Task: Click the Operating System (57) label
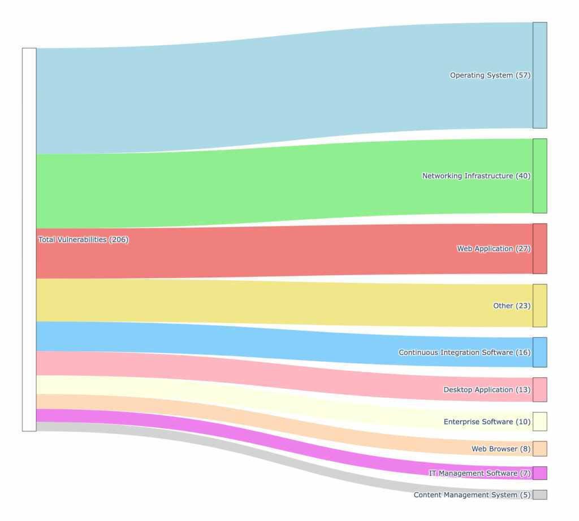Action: [x=490, y=75]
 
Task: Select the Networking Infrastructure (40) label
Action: [x=476, y=176]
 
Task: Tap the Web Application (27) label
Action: [x=494, y=249]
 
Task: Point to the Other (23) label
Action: [x=512, y=306]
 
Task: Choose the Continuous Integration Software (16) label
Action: [x=464, y=353]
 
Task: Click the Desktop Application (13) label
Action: [x=487, y=390]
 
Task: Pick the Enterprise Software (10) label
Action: [x=487, y=422]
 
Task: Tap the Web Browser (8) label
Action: [x=501, y=449]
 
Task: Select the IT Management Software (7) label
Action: [x=479, y=473]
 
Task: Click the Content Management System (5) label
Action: [x=472, y=495]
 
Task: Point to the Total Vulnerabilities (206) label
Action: [x=84, y=240]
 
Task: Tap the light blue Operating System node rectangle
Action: [x=540, y=75]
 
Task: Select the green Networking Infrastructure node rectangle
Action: [x=540, y=176]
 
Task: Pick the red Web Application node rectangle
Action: [x=540, y=249]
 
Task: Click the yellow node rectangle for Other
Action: [x=540, y=306]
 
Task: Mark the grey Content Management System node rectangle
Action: [x=540, y=495]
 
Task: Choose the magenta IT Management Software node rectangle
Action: [x=540, y=473]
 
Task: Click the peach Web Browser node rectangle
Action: [x=540, y=449]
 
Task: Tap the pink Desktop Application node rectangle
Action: [x=540, y=390]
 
